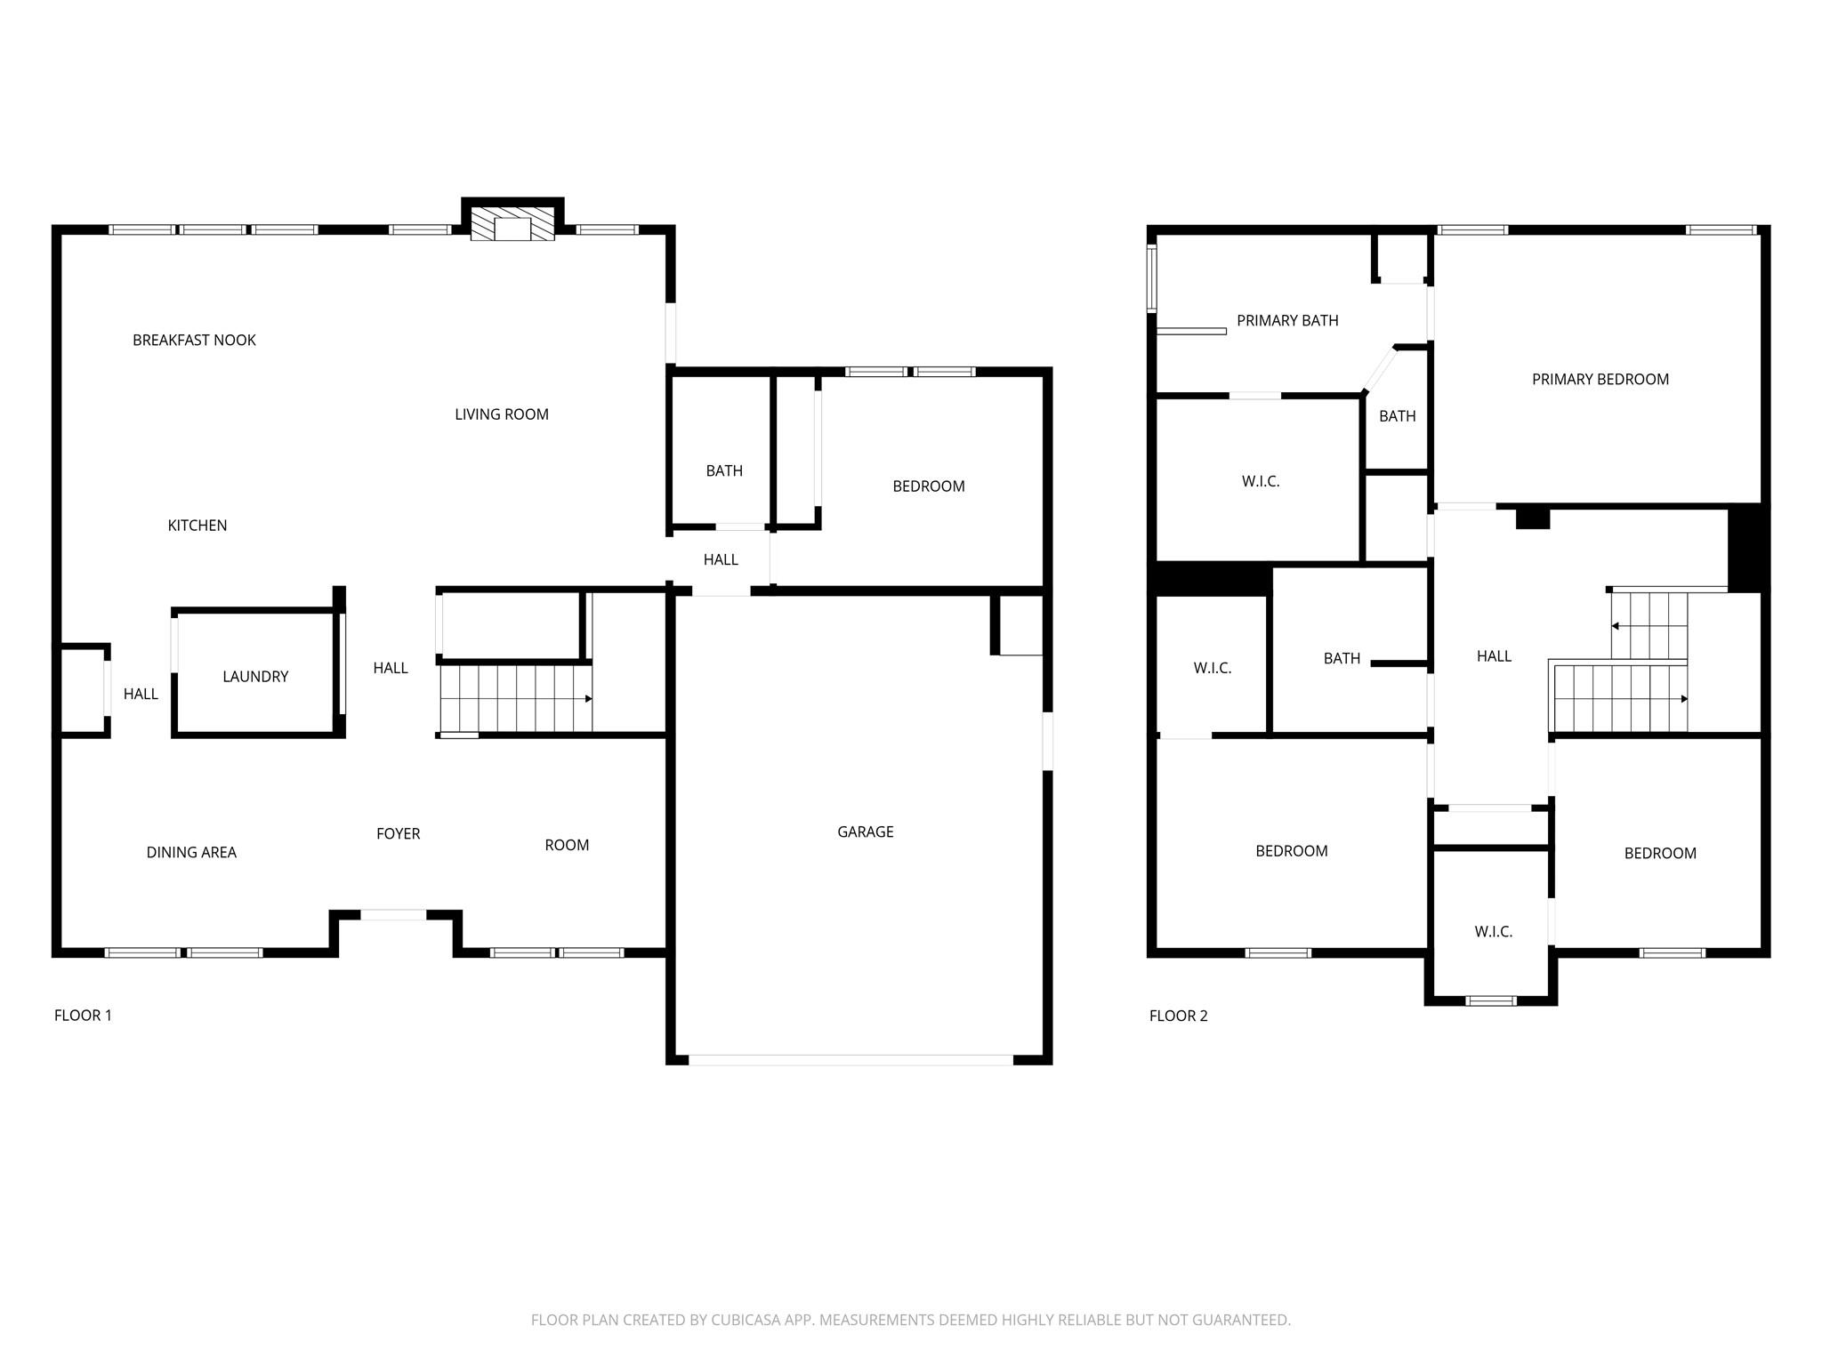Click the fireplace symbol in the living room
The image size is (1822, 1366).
coord(512,226)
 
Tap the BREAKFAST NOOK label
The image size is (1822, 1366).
coord(194,340)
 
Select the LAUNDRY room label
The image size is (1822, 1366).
coord(255,677)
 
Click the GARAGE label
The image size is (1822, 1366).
coord(865,832)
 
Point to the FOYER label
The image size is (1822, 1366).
coord(398,833)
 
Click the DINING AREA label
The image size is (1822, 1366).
coord(191,852)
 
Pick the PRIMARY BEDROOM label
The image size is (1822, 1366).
coord(1600,379)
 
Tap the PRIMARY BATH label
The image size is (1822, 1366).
coord(1286,320)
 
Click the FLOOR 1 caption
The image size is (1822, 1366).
coord(83,1015)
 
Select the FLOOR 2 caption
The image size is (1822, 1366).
coord(1178,1016)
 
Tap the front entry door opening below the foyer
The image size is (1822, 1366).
coord(392,914)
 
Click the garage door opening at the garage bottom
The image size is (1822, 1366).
coord(850,1059)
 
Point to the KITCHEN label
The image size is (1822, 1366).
coord(198,526)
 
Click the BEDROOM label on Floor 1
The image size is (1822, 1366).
coord(928,486)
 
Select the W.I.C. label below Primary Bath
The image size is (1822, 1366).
coord(1260,481)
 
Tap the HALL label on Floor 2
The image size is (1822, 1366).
coord(1494,656)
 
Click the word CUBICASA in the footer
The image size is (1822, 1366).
coord(745,1320)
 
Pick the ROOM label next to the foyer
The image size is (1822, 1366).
coord(567,845)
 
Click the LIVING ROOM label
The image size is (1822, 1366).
coord(501,414)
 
